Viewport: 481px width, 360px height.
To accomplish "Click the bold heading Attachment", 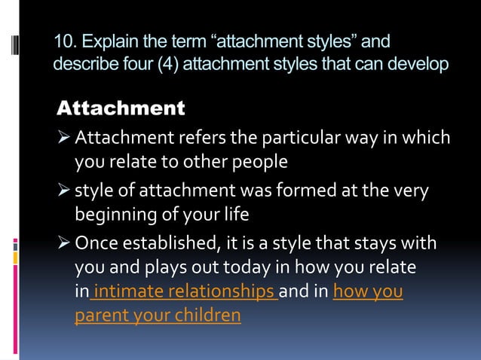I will [121, 108].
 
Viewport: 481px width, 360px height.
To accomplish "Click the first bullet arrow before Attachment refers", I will [64, 138].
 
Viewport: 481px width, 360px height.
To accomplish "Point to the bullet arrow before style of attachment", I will [64, 192].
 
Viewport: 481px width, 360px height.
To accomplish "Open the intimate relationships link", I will [184, 291].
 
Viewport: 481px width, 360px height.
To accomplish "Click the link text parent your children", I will [158, 316].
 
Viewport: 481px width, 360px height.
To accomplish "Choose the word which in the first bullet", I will [427, 138].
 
